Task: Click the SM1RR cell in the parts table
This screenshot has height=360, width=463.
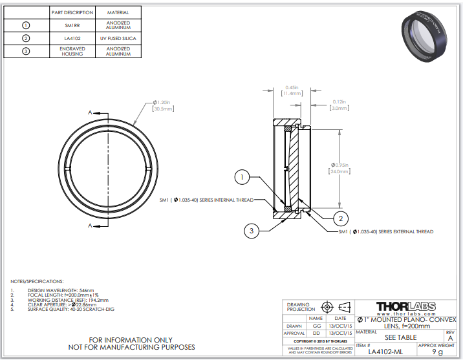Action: (72, 25)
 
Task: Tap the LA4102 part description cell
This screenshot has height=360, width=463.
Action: (72, 39)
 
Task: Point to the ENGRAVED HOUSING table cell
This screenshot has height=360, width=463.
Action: (72, 52)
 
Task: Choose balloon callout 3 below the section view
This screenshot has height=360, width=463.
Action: (252, 229)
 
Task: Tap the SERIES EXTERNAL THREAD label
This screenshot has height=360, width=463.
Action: (386, 231)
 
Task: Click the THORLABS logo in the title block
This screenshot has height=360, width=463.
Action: (405, 306)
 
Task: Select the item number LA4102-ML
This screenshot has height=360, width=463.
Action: (385, 352)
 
